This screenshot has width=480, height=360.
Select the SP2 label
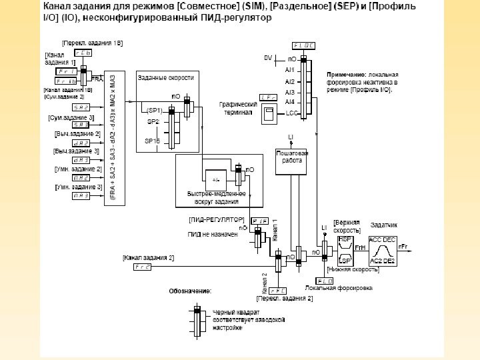[153, 122]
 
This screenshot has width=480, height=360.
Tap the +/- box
[215, 180]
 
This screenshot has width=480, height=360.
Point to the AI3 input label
[290, 91]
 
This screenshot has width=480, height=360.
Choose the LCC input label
[291, 113]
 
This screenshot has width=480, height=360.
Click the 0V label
[267, 58]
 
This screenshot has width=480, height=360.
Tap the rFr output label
[403, 247]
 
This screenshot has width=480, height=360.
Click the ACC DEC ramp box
[383, 251]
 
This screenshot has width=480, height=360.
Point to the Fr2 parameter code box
[142, 267]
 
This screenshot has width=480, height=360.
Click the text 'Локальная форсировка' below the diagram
[339, 288]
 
